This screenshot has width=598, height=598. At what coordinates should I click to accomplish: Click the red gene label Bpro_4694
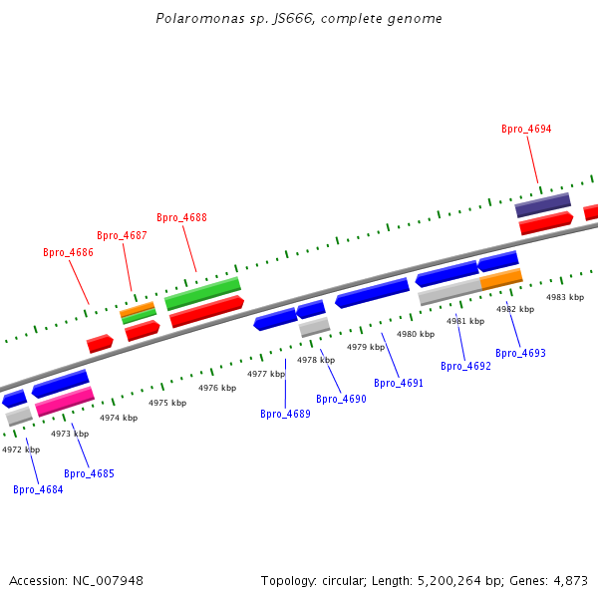pos(526,130)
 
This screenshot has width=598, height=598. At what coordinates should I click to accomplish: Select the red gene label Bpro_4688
pos(181,217)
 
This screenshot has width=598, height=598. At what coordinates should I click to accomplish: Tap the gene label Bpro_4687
pos(122,235)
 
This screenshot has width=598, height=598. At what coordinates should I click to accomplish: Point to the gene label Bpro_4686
pos(68,252)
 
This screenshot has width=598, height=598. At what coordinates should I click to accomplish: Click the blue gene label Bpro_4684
pos(38,489)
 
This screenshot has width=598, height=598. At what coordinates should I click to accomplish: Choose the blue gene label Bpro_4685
pos(89,473)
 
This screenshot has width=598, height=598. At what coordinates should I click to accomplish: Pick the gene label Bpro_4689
pos(285,414)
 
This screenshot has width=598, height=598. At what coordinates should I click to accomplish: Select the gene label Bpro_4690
pos(341,399)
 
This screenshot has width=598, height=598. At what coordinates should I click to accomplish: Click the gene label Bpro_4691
pos(399,383)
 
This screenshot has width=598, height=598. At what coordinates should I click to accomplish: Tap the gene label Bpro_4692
pos(465,366)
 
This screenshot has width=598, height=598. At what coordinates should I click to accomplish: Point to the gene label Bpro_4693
pos(520,353)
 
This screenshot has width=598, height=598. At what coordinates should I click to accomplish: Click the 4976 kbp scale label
pos(217,388)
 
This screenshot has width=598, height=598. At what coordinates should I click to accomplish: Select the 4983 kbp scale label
pos(565,297)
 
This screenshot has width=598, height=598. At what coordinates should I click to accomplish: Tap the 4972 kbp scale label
pos(21,449)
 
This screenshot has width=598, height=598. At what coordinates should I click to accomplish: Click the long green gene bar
pos(202,293)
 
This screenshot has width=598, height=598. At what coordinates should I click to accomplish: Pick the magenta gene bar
pos(65,402)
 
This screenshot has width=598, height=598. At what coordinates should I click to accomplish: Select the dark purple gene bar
pos(542,205)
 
